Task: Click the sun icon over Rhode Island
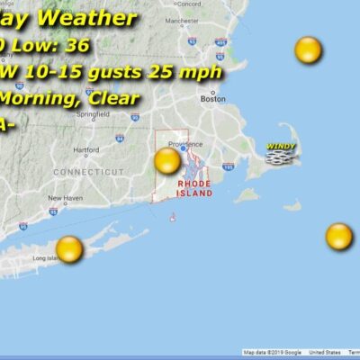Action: click(x=167, y=161)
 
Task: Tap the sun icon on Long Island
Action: click(x=69, y=247)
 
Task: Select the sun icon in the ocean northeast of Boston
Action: click(x=308, y=50)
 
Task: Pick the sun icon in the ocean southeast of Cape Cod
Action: click(x=338, y=237)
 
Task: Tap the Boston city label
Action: click(x=213, y=99)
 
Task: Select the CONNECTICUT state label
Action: click(x=88, y=171)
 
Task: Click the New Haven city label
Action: click(x=65, y=198)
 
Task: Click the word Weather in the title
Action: click(x=100, y=19)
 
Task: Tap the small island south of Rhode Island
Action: click(x=172, y=217)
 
